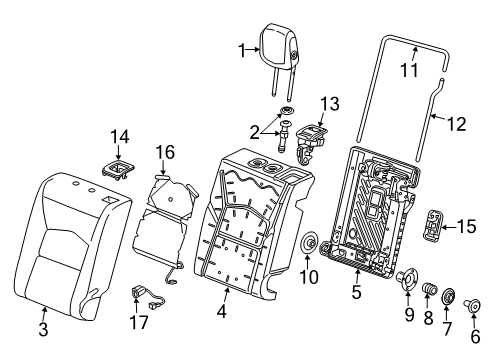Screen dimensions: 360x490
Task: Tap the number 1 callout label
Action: (x=240, y=49)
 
